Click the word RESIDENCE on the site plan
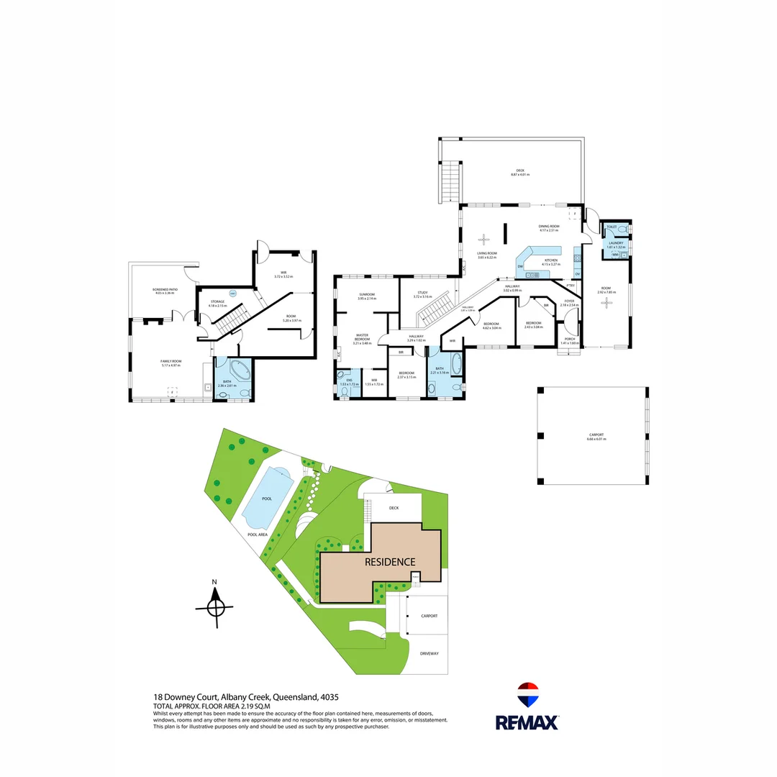point(389,562)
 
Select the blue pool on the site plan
point(268,496)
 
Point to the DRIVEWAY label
point(429,653)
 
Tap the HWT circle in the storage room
point(232,293)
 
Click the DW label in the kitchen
point(519,266)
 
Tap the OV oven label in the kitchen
point(577,273)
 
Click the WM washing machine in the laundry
point(615,254)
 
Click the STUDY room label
point(423,292)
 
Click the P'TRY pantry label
point(570,286)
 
